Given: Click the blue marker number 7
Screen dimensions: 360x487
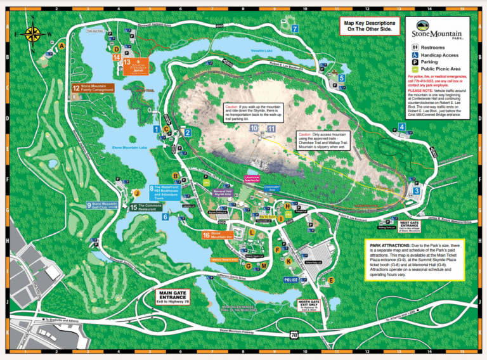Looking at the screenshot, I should (x=295, y=29).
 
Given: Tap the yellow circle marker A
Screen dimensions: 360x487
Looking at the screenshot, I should (x=62, y=46).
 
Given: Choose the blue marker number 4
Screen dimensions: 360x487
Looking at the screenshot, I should (x=402, y=127).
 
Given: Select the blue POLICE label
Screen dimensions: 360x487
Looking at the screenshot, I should (x=291, y=280).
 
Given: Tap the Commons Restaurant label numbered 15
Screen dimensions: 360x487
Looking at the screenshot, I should (x=152, y=207).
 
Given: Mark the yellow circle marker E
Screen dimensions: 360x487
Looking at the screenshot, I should (x=330, y=280).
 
